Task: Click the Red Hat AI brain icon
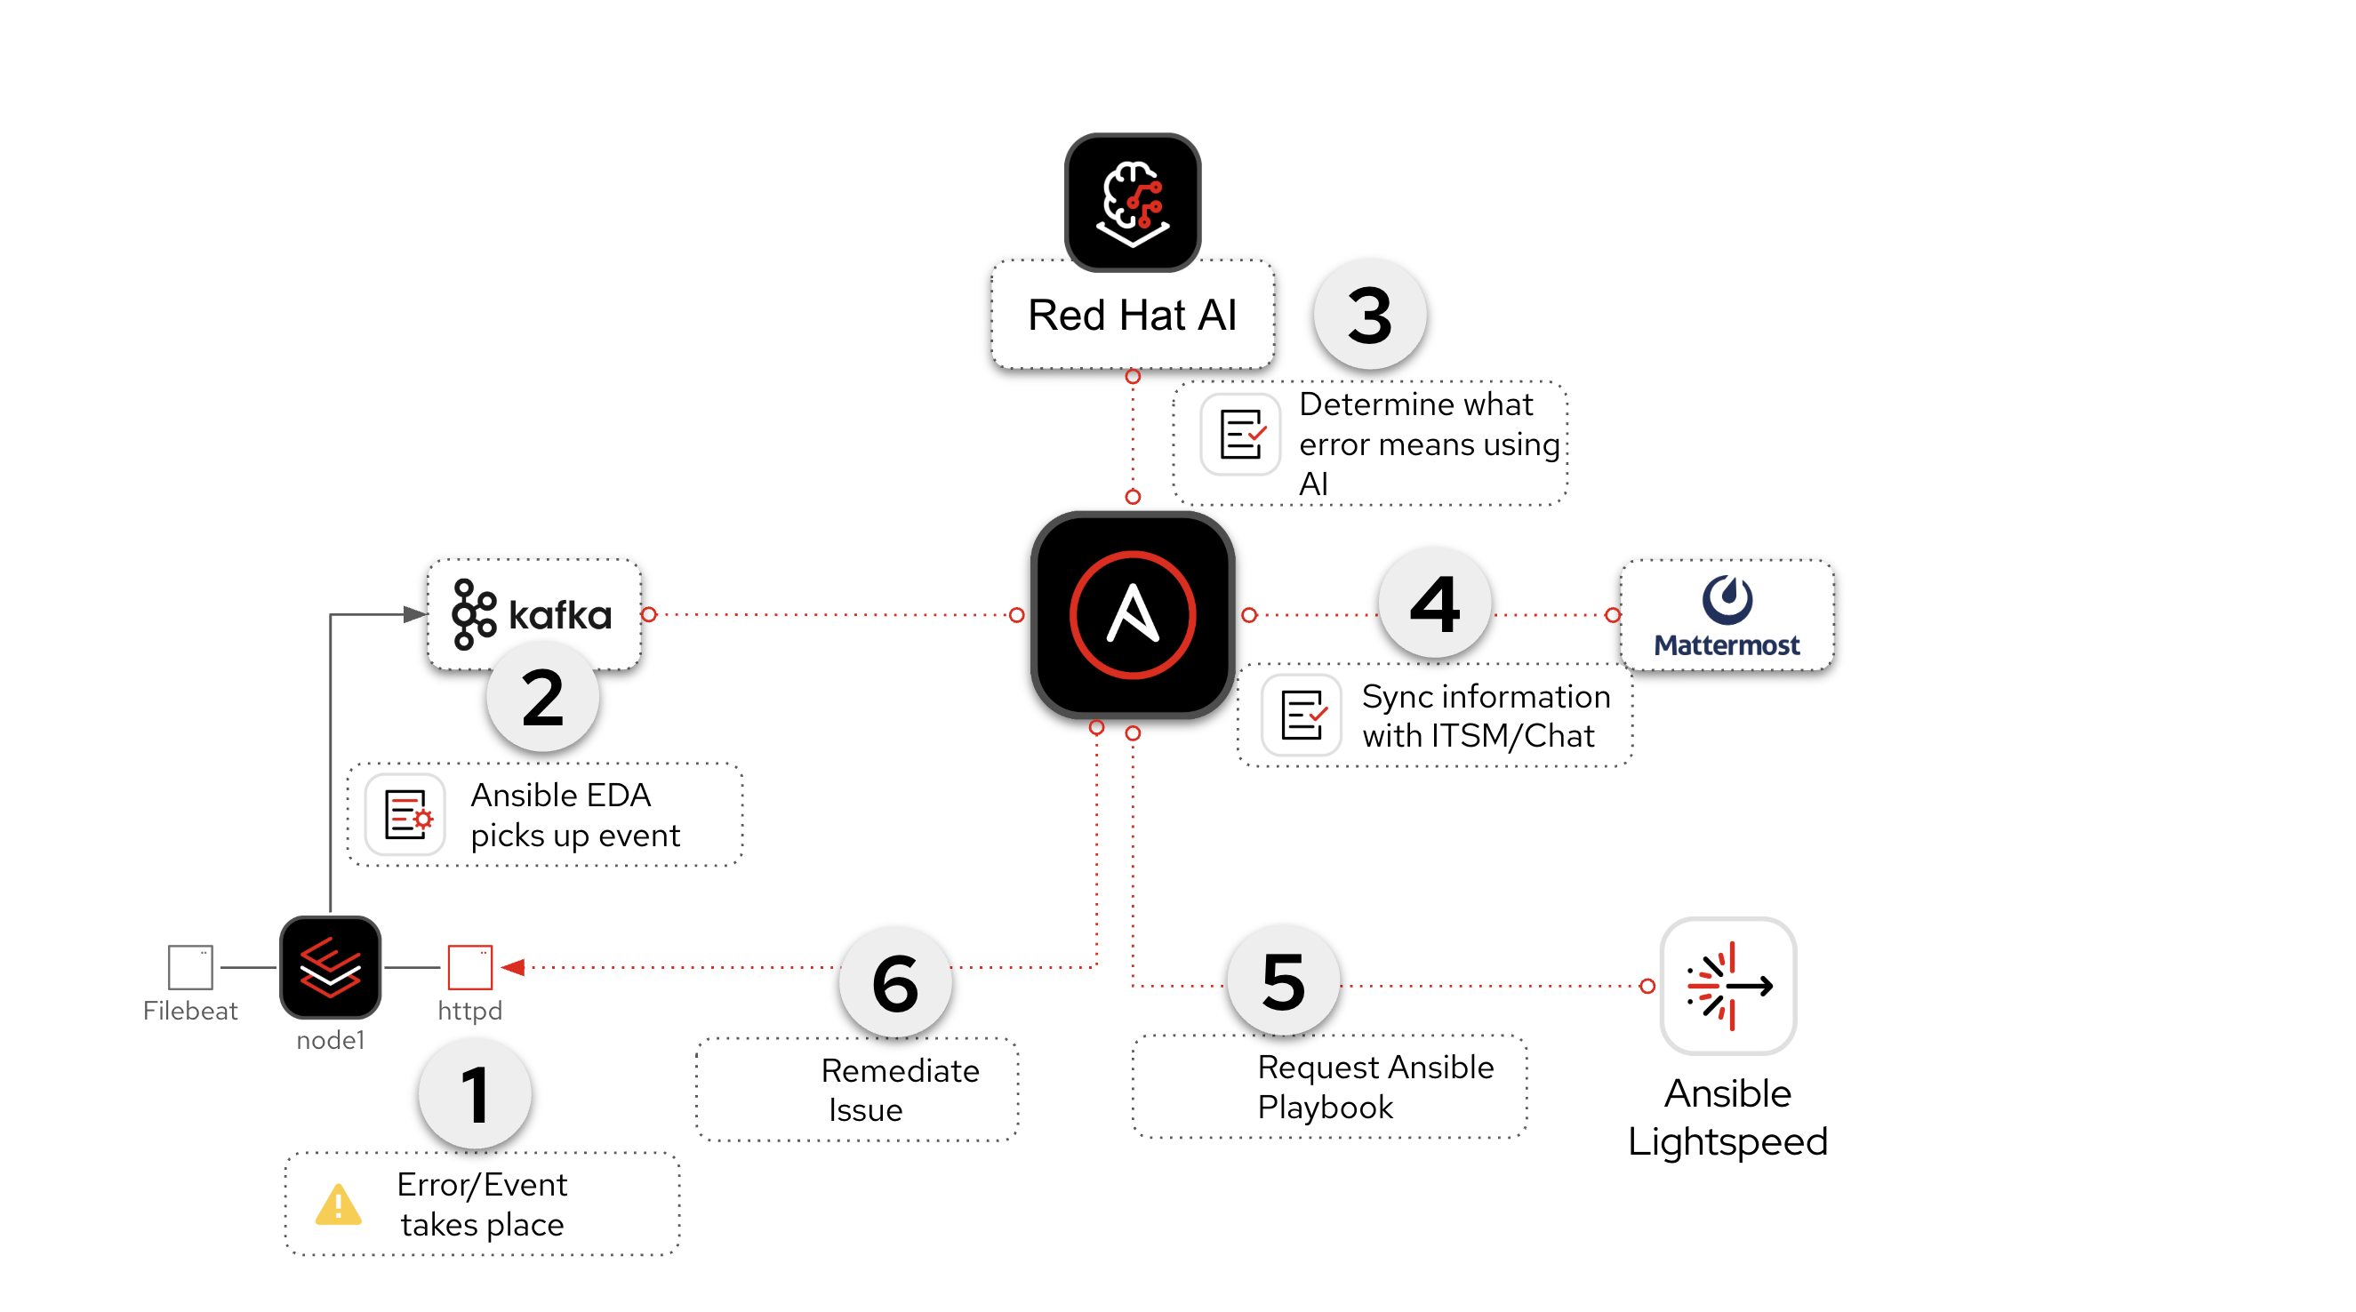pyautogui.click(x=1133, y=202)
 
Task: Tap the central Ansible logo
pyautogui.click(x=1133, y=614)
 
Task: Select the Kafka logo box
pyautogui.click(x=533, y=614)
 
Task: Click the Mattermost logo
pyautogui.click(x=1727, y=614)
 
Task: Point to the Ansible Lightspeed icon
pyautogui.click(x=1727, y=986)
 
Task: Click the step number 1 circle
pyautogui.click(x=475, y=1094)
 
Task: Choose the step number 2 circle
pyautogui.click(x=542, y=697)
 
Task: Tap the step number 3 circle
pyautogui.click(x=1369, y=315)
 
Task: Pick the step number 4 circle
pyautogui.click(x=1434, y=604)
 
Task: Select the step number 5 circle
pyautogui.click(x=1283, y=981)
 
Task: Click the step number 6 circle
pyautogui.click(x=895, y=983)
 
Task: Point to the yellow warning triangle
pyautogui.click(x=339, y=1205)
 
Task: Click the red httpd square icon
pyautogui.click(x=470, y=967)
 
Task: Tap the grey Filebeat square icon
pyautogui.click(x=190, y=967)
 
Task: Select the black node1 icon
pyautogui.click(x=330, y=967)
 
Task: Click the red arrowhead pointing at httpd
pyautogui.click(x=513, y=967)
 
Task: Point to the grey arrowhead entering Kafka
pyautogui.click(x=414, y=614)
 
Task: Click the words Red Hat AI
pyautogui.click(x=1133, y=316)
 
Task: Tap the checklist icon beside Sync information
pyautogui.click(x=1302, y=715)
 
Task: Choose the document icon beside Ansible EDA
pyautogui.click(x=405, y=813)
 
